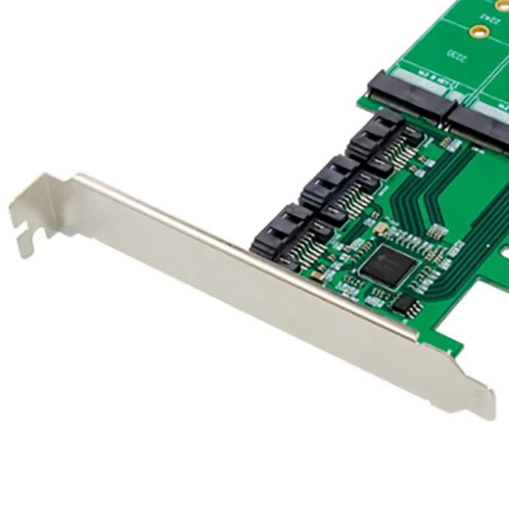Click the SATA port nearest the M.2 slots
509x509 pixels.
pyautogui.click(x=376, y=135)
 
